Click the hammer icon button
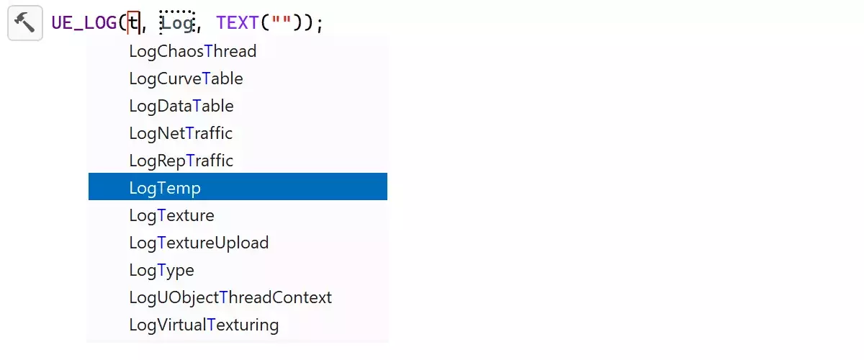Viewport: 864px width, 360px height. click(24, 23)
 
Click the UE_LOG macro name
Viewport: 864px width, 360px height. click(84, 23)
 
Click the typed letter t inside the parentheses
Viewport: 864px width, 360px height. click(133, 23)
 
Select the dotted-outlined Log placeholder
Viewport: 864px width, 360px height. click(177, 23)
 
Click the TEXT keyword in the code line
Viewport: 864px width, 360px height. click(237, 23)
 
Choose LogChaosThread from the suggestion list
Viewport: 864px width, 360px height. click(193, 51)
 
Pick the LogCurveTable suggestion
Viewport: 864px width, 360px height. click(186, 78)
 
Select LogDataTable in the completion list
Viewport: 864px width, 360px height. click(181, 106)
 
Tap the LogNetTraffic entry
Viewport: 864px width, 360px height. click(181, 133)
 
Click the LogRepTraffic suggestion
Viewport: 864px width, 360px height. click(181, 161)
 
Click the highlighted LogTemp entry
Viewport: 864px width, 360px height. click(165, 188)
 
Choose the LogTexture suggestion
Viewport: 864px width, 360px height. click(171, 215)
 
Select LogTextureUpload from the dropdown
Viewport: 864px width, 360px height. click(199, 243)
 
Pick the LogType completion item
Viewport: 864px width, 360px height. click(161, 270)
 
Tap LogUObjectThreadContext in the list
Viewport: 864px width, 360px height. click(230, 297)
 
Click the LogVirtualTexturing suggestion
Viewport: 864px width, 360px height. click(204, 325)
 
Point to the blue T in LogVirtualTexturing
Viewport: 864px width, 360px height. click(211, 325)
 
